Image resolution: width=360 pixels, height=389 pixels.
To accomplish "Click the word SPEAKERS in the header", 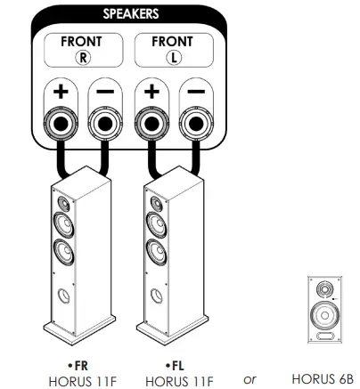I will (131, 14).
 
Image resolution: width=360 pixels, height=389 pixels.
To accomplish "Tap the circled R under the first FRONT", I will (81, 56).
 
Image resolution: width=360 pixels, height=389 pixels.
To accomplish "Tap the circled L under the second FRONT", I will (172, 56).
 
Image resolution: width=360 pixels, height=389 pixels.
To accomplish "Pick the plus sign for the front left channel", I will (152, 92).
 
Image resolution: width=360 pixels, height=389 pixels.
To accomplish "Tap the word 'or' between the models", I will (250, 379).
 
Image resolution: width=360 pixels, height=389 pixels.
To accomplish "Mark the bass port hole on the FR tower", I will (60, 295).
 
